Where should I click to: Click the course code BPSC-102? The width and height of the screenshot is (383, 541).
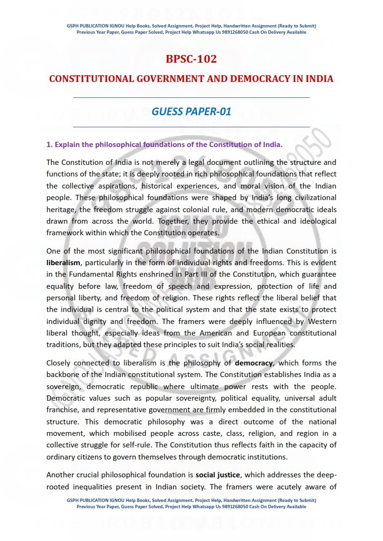click(x=191, y=59)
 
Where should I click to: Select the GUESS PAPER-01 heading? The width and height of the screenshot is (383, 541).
click(x=191, y=112)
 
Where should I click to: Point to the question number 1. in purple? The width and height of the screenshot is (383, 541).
click(x=49, y=145)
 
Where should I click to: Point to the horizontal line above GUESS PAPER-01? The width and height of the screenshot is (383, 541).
click(x=191, y=97)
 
